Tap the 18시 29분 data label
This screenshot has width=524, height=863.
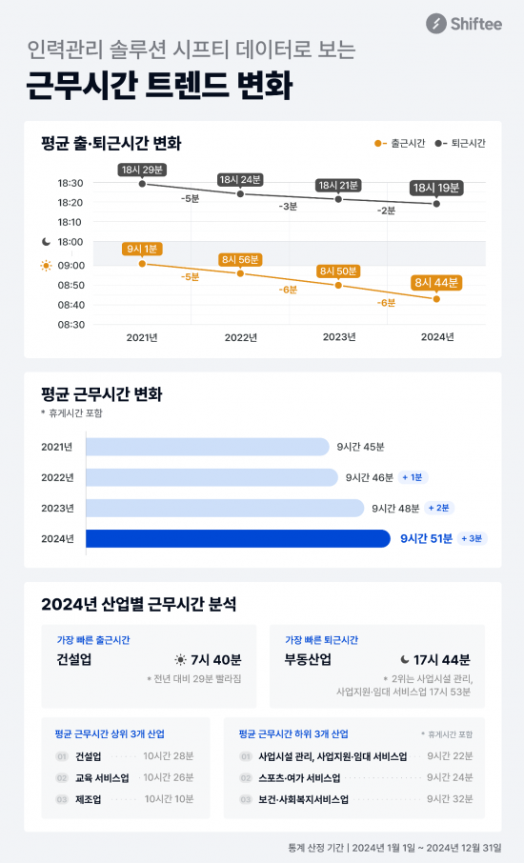(142, 170)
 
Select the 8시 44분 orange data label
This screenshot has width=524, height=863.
(436, 282)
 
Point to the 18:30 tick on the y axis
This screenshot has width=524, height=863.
(71, 183)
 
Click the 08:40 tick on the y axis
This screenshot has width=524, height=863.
(71, 305)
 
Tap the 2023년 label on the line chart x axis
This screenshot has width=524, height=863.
(338, 337)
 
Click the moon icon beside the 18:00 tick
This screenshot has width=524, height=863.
(45, 242)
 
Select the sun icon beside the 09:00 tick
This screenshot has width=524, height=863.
(45, 265)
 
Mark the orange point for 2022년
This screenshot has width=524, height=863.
(240, 273)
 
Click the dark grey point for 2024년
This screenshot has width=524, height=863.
(436, 204)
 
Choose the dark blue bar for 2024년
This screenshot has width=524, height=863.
(238, 538)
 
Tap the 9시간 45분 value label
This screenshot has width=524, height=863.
(360, 446)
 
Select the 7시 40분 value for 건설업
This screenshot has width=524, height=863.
(217, 659)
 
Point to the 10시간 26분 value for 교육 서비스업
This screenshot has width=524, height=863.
(169, 777)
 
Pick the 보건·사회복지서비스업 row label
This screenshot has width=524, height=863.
(303, 799)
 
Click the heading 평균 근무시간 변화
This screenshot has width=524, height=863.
(102, 394)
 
